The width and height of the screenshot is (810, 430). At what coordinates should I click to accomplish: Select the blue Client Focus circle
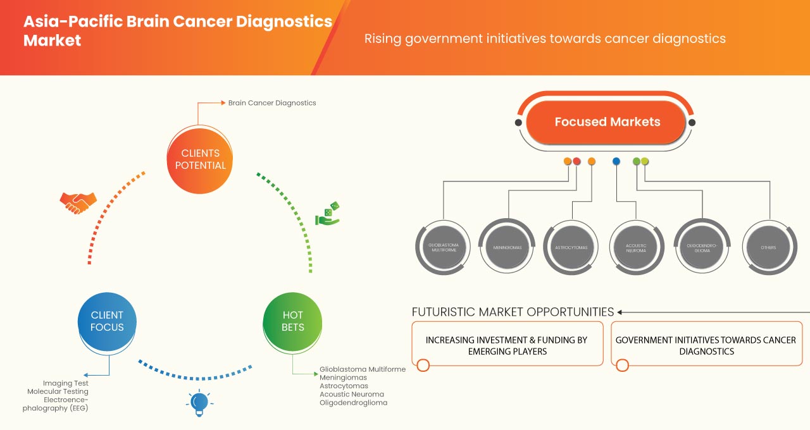[107, 321]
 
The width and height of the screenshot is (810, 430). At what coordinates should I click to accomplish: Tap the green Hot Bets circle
[292, 321]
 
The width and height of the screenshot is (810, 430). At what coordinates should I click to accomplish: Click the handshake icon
[78, 202]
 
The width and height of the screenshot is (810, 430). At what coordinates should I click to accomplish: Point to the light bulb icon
[199, 402]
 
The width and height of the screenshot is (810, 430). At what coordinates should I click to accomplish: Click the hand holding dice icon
[328, 214]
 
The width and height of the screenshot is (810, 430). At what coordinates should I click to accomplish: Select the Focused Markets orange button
[607, 122]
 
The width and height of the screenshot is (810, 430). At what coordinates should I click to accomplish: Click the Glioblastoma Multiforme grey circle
[443, 247]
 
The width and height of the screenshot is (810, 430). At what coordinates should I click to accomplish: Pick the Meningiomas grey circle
[508, 247]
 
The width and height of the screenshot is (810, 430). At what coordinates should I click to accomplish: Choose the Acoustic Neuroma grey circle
[636, 247]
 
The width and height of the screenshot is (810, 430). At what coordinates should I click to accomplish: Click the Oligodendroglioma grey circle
[702, 247]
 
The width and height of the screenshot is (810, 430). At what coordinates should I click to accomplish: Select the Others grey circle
[768, 247]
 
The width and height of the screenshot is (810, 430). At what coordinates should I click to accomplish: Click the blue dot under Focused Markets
[616, 162]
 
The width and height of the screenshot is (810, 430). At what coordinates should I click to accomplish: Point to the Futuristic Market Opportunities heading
[513, 312]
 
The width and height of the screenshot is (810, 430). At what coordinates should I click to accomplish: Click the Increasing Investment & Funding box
[506, 345]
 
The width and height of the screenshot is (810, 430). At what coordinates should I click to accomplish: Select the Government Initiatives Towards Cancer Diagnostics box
[706, 345]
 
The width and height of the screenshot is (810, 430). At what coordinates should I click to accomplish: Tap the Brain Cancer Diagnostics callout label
[271, 102]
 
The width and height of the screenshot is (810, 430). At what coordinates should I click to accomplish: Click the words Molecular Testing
[58, 391]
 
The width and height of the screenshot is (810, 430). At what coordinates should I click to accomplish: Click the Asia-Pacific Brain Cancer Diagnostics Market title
[177, 30]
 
